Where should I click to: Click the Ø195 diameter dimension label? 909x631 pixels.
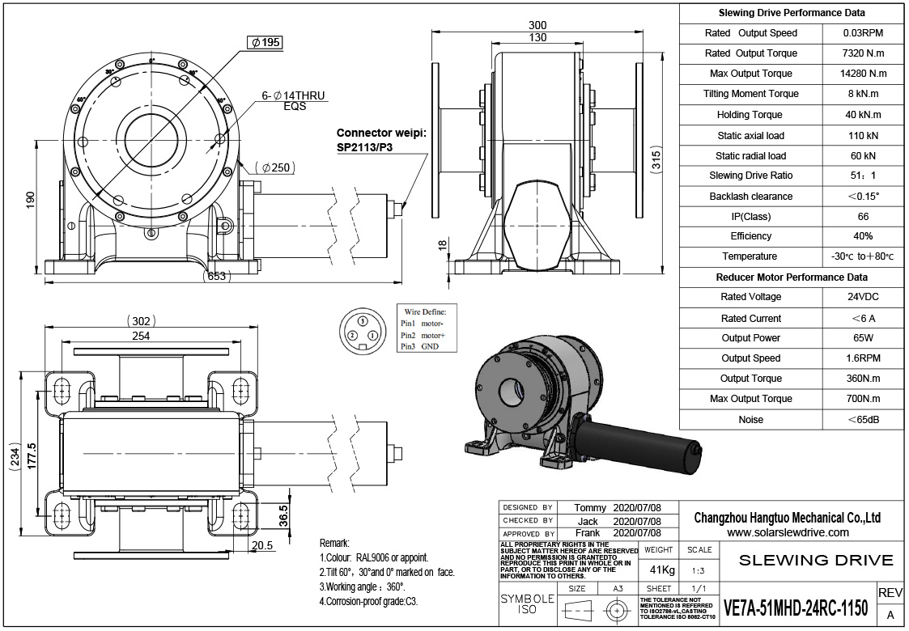pyautogui.click(x=265, y=43)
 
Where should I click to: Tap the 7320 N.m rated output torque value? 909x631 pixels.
pyautogui.click(x=863, y=53)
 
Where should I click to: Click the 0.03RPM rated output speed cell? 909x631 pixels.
pyautogui.click(x=863, y=33)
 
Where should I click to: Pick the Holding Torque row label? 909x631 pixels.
pyautogui.click(x=750, y=115)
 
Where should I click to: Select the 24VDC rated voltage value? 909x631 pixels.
pyautogui.click(x=863, y=297)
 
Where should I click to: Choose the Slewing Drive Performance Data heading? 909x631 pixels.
pyautogui.click(x=792, y=13)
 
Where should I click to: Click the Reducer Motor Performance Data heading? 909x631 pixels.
pyautogui.click(x=792, y=277)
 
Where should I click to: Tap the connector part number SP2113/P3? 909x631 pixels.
pyautogui.click(x=369, y=148)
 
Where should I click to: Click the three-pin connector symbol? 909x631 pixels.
pyautogui.click(x=362, y=331)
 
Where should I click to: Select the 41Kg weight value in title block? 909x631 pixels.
pyautogui.click(x=658, y=570)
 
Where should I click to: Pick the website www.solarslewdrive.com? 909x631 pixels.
pyautogui.click(x=788, y=532)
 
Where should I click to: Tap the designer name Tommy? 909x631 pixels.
pyautogui.click(x=589, y=508)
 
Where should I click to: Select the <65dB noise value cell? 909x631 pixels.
pyautogui.click(x=863, y=419)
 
